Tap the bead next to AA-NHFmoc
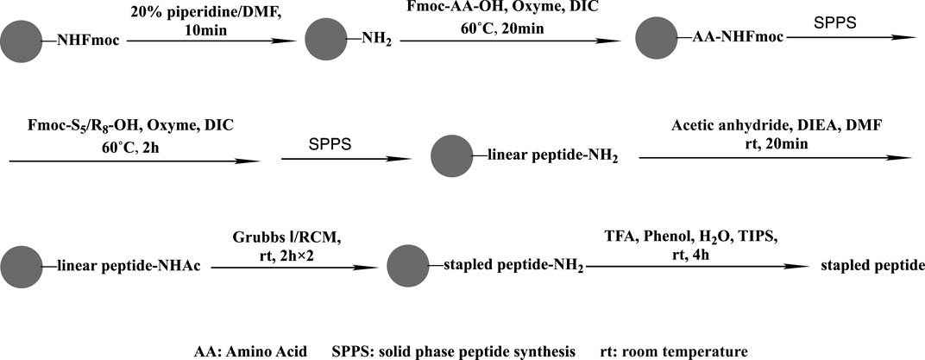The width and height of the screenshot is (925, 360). [x=655, y=39]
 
